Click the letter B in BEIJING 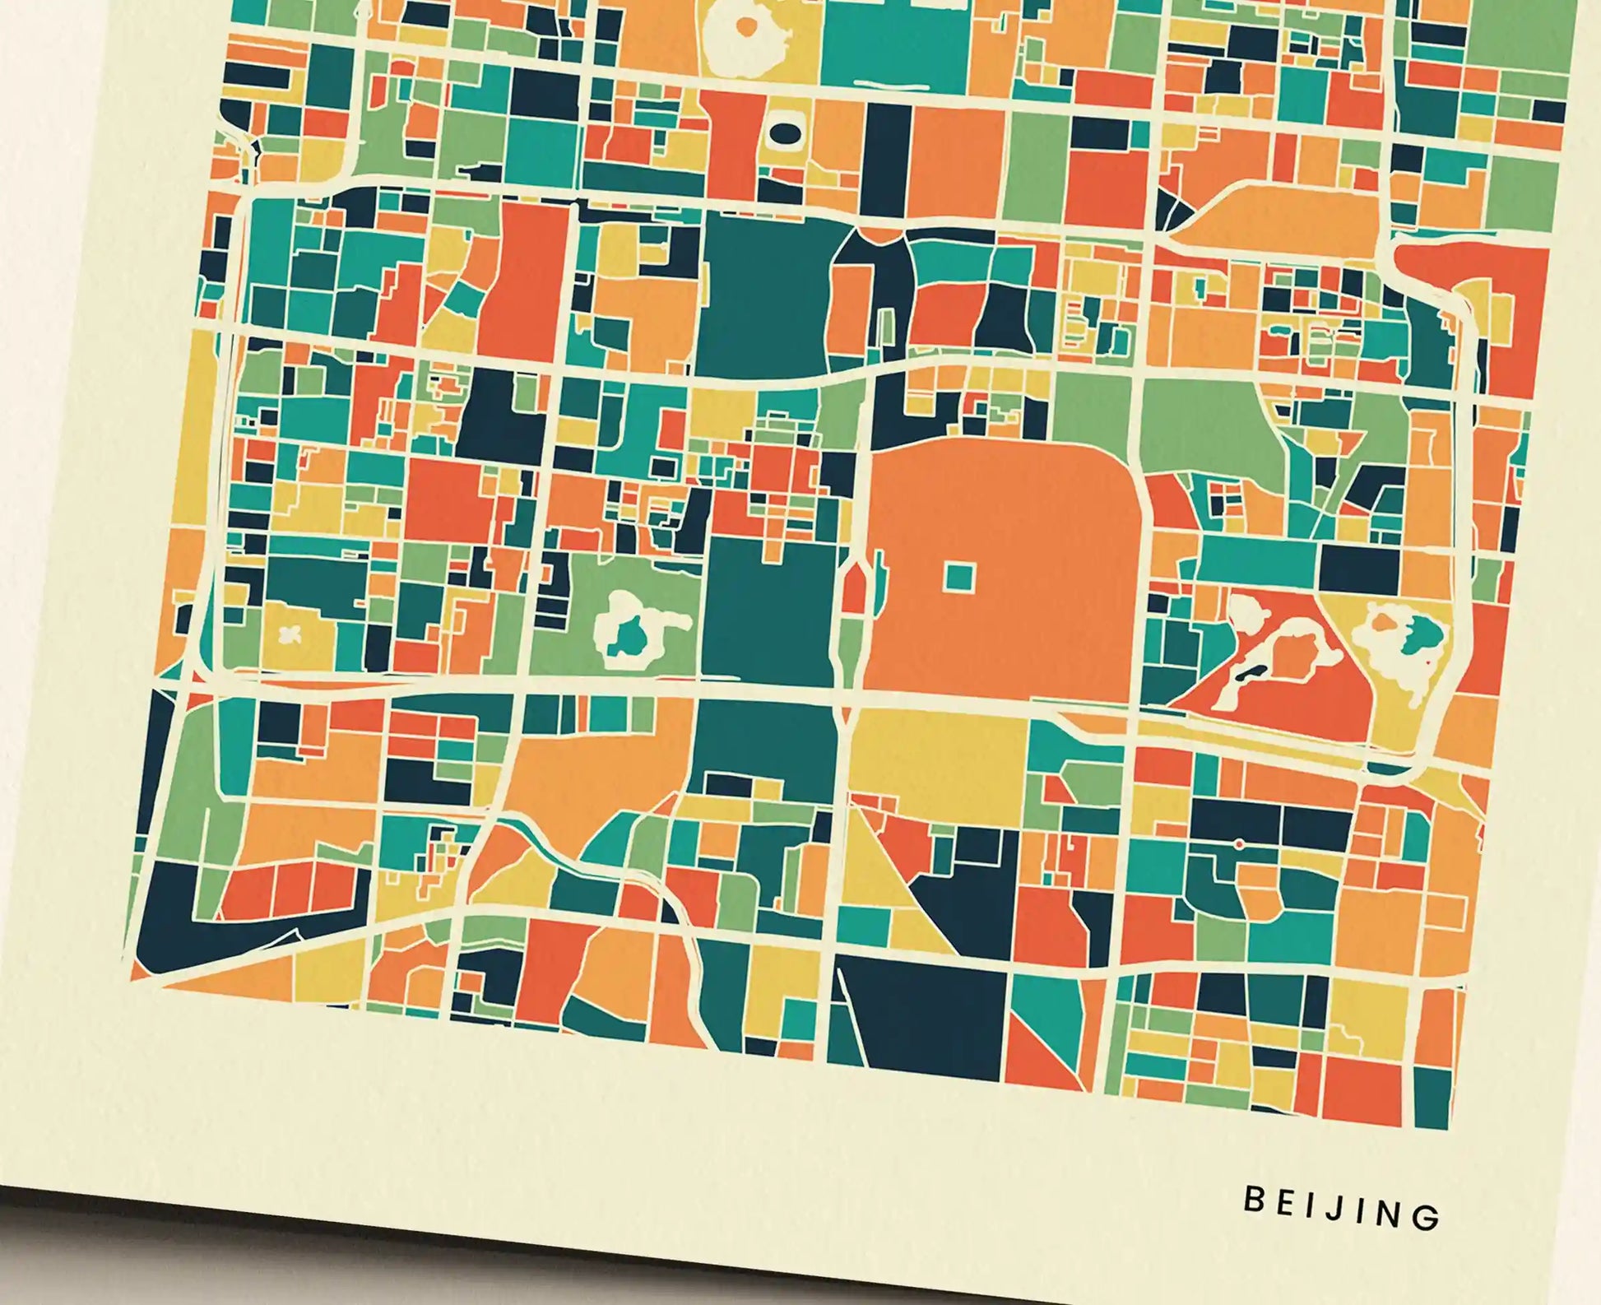tap(1252, 1200)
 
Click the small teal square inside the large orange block tap(958, 577)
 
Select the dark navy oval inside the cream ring tap(782, 132)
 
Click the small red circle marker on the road tap(1239, 844)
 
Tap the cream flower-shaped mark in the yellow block tap(289, 634)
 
